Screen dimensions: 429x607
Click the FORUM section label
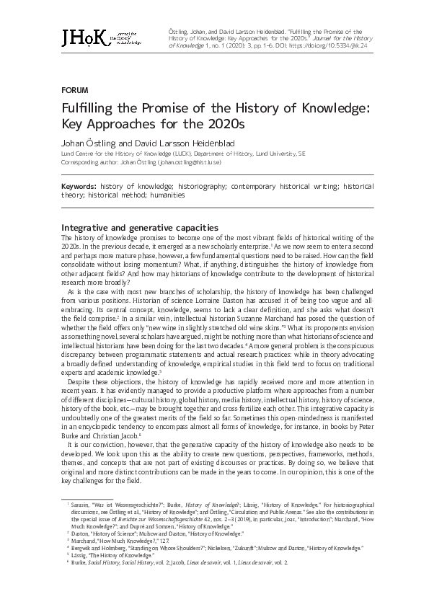tap(74, 91)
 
